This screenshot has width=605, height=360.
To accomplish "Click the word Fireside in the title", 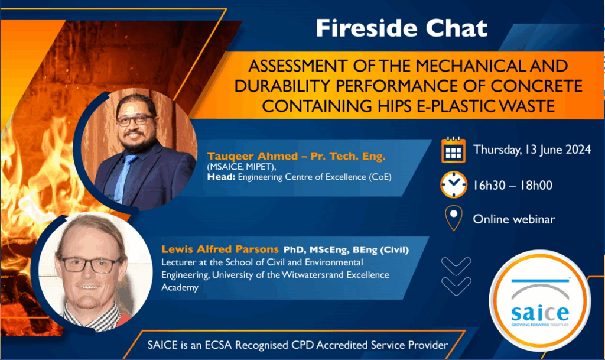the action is click(x=366, y=28).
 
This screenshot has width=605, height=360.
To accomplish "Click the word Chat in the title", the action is click(x=457, y=28).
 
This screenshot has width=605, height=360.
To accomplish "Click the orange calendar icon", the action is click(x=453, y=150).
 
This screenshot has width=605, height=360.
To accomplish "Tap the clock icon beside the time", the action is click(x=454, y=184).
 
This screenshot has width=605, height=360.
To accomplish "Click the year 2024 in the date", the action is click(x=578, y=150).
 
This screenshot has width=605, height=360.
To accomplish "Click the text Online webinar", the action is click(x=514, y=219).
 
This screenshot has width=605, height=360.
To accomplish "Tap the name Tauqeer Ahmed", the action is click(x=252, y=156).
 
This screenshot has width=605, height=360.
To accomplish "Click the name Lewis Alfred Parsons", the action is click(x=220, y=249).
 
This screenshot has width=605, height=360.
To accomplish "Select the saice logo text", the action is click(x=540, y=313).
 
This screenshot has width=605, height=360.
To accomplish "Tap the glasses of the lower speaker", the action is click(x=91, y=265).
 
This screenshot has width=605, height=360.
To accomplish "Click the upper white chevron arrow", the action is click(x=456, y=266).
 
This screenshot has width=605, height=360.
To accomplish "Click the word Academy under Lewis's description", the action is click(x=180, y=287).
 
